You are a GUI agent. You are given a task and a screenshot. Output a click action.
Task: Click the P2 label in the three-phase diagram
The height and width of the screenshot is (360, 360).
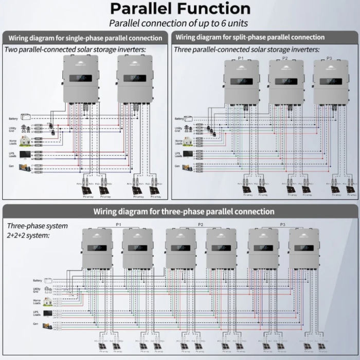[x=201, y=225]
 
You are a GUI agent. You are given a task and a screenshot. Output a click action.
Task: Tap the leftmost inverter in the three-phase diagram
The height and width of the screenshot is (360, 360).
[x=97, y=248]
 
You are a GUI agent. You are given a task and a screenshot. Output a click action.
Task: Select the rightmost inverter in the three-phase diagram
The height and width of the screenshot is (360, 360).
[x=303, y=248]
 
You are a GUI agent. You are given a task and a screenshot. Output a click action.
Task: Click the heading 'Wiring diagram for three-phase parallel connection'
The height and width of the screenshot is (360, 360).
[x=184, y=211]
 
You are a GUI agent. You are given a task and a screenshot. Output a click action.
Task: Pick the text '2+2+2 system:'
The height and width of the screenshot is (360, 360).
[x=28, y=235]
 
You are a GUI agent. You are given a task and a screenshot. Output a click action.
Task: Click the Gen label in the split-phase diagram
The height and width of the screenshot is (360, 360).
[x=177, y=166]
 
